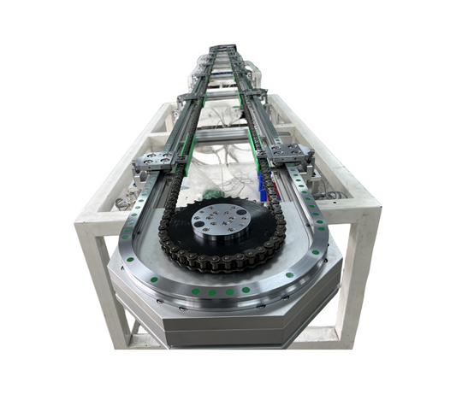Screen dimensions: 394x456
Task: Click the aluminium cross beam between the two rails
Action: [x=224, y=137]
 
